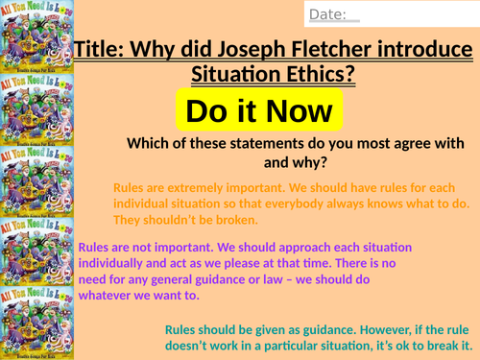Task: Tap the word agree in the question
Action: pos(414,145)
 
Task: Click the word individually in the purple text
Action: pos(128,262)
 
